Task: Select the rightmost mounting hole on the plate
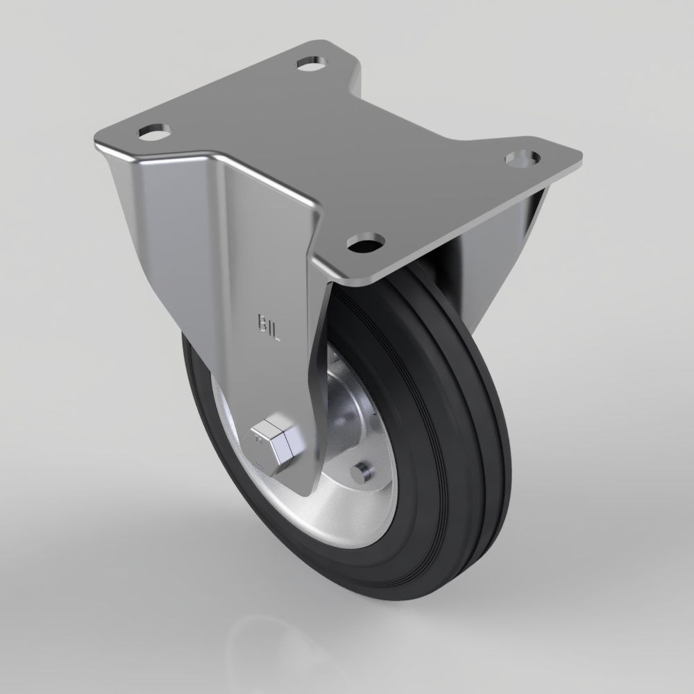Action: pos(521,158)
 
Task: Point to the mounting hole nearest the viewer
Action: pos(365,242)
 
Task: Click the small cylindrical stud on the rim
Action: pos(359,472)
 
